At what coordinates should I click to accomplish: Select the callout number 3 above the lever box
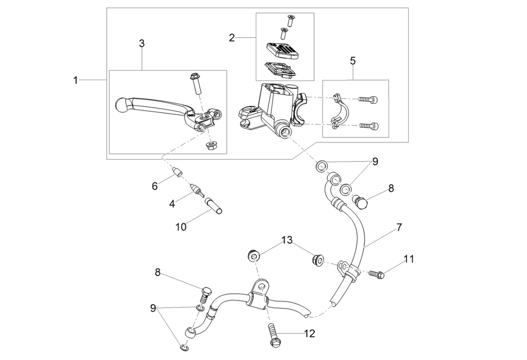(142, 43)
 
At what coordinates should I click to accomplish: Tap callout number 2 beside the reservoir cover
(232, 37)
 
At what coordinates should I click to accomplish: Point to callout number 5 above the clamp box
(353, 61)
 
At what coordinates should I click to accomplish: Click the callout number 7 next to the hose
(399, 227)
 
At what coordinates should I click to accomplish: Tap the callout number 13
(286, 239)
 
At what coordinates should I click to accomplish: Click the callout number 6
(154, 186)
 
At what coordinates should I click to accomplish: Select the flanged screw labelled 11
(377, 274)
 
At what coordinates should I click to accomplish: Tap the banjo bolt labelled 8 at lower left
(205, 292)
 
